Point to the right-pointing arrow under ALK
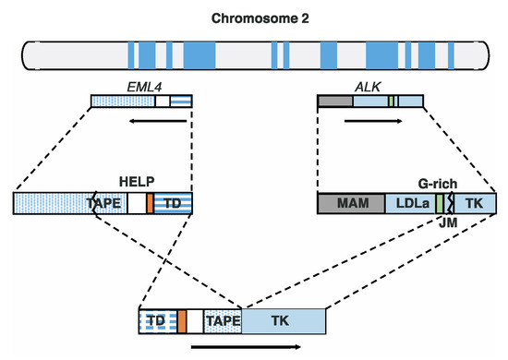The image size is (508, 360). pos(369,119)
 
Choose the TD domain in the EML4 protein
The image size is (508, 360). pos(173,204)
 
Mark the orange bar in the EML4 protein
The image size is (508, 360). pos(150,204)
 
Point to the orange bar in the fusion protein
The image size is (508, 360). pos(182,320)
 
